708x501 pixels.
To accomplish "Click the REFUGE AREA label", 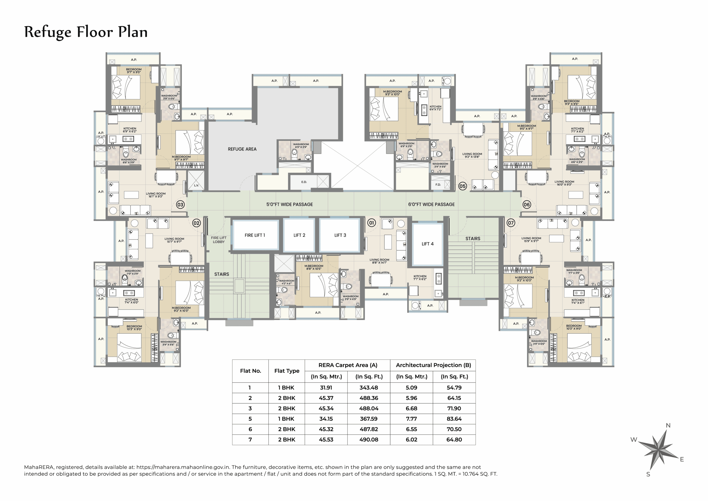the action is tap(242, 149).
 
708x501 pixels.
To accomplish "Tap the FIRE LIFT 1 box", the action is tap(255, 235).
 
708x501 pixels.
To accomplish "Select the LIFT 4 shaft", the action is tap(427, 244).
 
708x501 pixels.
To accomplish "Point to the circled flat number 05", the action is tap(462, 186).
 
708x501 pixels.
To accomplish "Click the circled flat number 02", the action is tap(196, 223).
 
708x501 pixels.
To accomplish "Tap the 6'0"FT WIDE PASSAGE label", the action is tap(431, 204).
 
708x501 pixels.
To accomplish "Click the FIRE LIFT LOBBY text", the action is tap(219, 240).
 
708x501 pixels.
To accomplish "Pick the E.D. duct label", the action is tap(304, 182).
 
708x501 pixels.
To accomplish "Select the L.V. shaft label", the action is tap(196, 185).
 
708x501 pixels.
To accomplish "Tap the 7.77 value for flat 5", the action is tap(411, 419).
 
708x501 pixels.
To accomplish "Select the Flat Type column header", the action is tap(287, 371).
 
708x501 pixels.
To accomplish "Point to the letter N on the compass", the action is tap(668, 425).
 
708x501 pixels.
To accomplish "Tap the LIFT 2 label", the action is tap(299, 235).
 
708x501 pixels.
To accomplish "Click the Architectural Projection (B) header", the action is tap(433, 365).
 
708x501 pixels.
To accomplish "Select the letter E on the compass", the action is tap(682, 459).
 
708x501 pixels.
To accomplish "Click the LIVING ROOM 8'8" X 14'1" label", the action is tap(379, 261).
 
